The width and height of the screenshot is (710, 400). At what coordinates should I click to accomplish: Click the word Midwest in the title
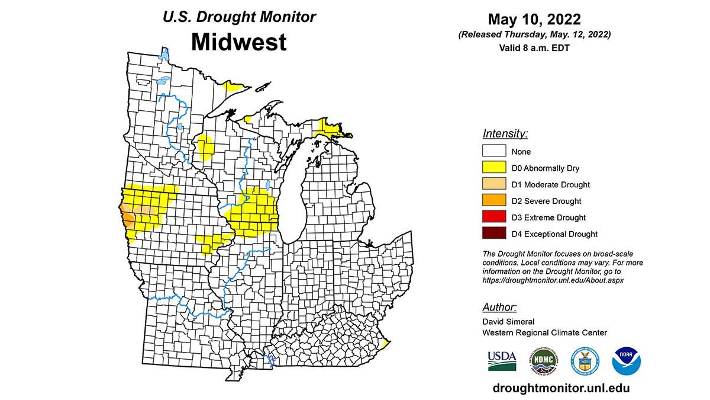[238, 42]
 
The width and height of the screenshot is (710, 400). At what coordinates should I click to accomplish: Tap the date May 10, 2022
[534, 20]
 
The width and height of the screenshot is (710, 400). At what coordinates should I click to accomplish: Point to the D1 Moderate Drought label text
[550, 185]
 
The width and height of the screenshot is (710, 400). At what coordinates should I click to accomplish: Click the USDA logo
[502, 360]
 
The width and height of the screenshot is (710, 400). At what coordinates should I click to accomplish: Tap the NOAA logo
[627, 360]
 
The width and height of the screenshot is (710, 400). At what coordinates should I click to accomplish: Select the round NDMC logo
[543, 360]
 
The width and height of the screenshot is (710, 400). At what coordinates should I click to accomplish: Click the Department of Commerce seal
[585, 360]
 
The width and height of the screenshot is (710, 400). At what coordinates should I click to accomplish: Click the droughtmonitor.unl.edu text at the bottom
[561, 388]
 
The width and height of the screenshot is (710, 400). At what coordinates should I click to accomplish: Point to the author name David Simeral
[508, 322]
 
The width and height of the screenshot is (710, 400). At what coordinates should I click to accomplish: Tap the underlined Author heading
[499, 307]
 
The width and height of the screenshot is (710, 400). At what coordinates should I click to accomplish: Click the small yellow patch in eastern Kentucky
[385, 344]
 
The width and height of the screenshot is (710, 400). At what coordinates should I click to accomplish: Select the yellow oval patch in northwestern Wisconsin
[205, 147]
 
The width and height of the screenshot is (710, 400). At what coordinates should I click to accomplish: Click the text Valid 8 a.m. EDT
[534, 48]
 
